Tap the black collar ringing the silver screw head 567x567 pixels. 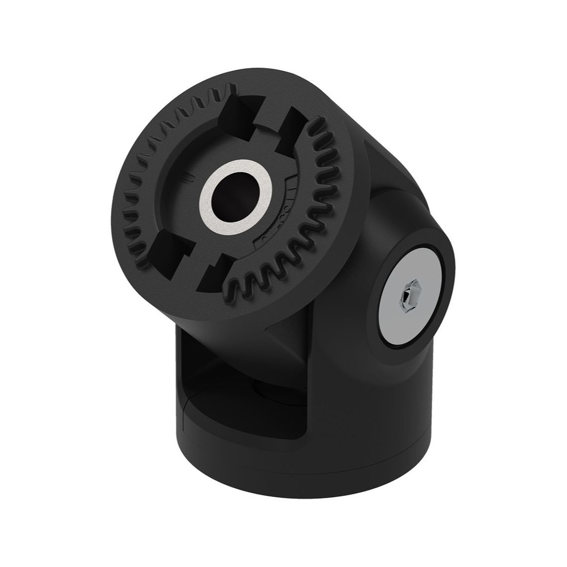tap(450, 279)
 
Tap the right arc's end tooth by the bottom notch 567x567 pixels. tap(234, 288)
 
